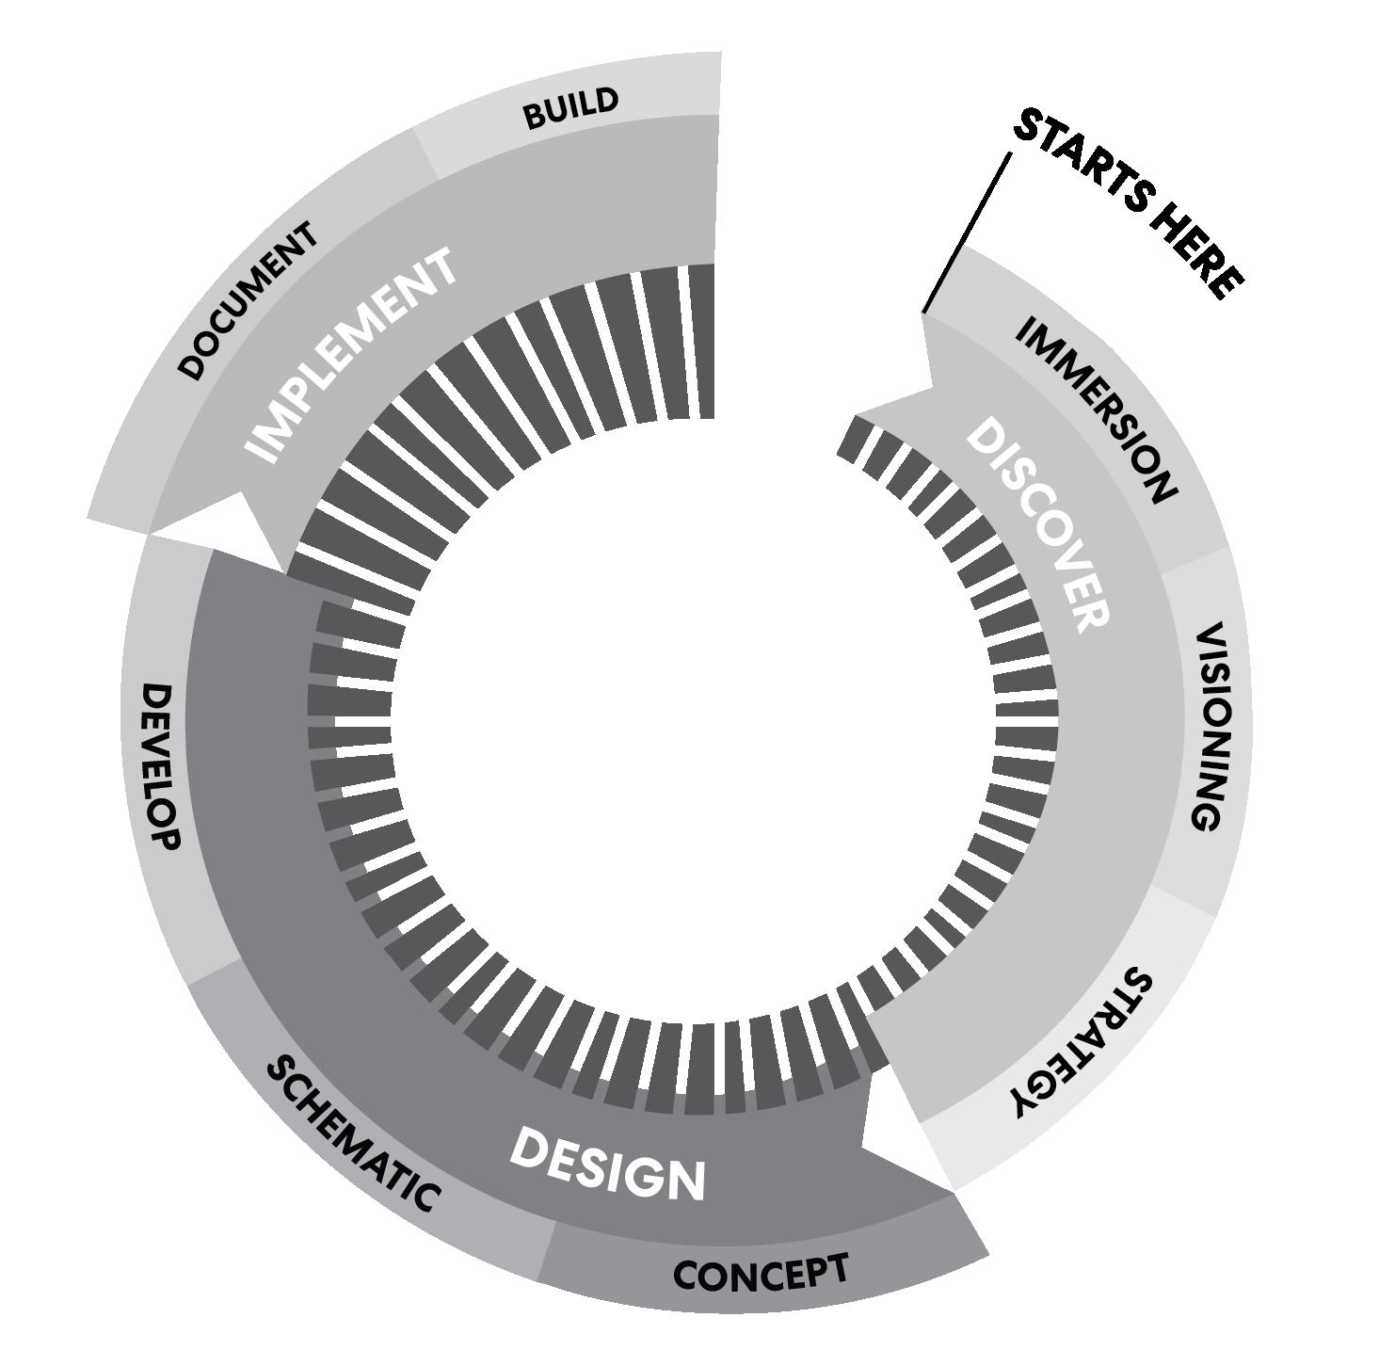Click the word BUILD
[x=570, y=108]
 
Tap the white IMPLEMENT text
[x=352, y=355]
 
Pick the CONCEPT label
[x=761, y=1273]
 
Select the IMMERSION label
[x=1097, y=409]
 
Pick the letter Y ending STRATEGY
[x=1029, y=1099]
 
